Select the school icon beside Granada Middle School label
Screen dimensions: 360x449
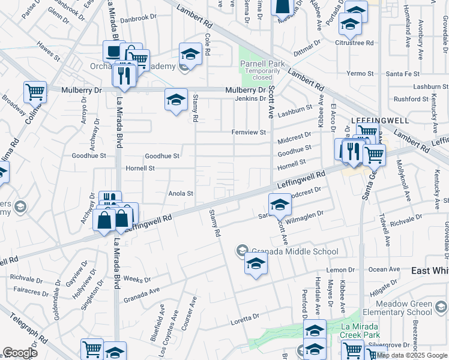tap(243, 250)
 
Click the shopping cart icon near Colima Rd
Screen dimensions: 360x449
tap(35, 92)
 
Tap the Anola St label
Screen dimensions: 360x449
tap(180, 193)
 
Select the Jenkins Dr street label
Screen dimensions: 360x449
tap(250, 98)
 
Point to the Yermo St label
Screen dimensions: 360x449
tap(360, 73)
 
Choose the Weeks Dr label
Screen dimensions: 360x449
tap(137, 280)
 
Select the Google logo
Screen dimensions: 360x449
tap(20, 353)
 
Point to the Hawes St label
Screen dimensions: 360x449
tap(48, 52)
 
